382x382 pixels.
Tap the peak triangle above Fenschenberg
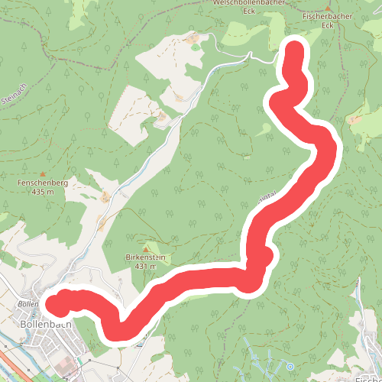42,174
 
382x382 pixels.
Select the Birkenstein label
144,257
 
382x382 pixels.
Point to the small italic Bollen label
28,304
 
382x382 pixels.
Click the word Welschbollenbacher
247,2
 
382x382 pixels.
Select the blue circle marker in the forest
290,364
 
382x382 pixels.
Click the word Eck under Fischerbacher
329,24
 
